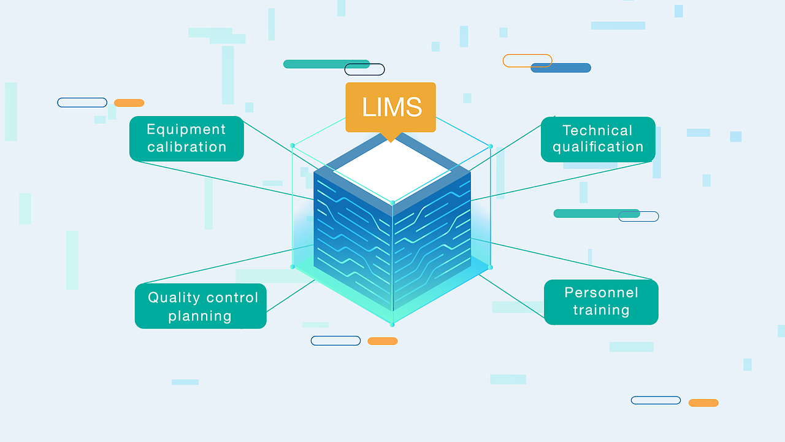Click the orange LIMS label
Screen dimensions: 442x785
tap(391, 107)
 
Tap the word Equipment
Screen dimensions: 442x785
tap(186, 130)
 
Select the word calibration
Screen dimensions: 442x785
tap(186, 147)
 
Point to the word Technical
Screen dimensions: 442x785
tap(597, 130)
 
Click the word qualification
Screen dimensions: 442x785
tap(598, 147)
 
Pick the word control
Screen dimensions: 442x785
tap(231, 298)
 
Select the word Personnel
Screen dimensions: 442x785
tap(601, 292)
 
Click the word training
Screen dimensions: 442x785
tap(601, 310)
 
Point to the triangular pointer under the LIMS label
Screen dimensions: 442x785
tap(390, 138)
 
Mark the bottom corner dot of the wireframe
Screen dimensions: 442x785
tap(392, 324)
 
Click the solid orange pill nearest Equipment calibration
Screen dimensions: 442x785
tap(129, 103)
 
